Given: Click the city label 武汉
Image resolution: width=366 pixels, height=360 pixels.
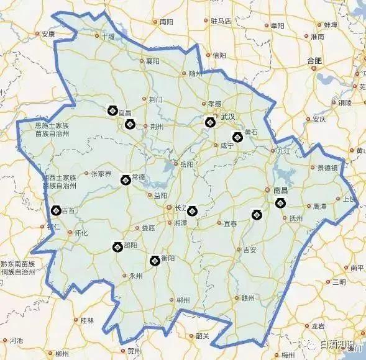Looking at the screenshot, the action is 228,117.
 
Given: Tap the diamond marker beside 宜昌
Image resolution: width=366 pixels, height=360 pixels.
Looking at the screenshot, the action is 112,111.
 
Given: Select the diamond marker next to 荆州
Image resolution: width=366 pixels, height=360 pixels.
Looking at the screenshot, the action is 130,124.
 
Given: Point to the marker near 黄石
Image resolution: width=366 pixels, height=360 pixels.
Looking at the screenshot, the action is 236,137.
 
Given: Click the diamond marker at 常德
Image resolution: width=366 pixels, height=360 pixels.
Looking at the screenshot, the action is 125,180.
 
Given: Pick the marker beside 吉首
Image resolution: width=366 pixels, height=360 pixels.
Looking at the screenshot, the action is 55,210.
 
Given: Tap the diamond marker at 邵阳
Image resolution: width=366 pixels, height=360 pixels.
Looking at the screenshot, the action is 117,247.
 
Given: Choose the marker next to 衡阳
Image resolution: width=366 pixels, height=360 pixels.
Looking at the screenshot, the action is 155,261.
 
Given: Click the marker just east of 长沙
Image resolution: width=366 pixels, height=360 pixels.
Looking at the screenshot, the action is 192,210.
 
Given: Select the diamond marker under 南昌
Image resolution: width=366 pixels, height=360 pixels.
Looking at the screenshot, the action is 280,203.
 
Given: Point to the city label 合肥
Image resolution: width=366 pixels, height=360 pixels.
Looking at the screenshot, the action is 315,60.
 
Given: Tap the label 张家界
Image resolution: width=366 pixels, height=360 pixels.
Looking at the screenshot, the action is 101,174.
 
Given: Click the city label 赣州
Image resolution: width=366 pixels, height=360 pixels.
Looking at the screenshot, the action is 249,298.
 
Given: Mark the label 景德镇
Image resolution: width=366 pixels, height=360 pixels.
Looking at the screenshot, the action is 327,168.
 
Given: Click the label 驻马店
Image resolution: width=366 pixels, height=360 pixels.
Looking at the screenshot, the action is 221,21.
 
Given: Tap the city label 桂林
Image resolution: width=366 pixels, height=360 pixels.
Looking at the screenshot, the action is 88,320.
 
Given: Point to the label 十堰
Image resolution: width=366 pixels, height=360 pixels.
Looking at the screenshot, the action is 108,37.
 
